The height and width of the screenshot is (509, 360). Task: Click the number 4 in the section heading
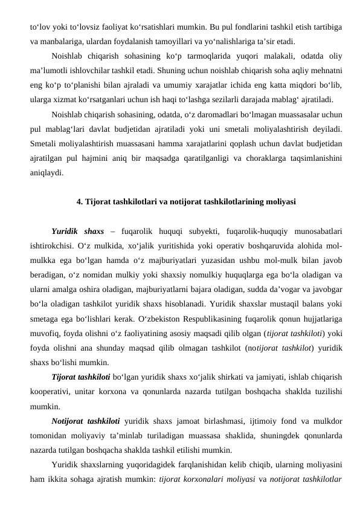(x=80, y=201)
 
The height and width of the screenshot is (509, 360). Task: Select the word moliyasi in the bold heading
(x=280, y=201)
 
